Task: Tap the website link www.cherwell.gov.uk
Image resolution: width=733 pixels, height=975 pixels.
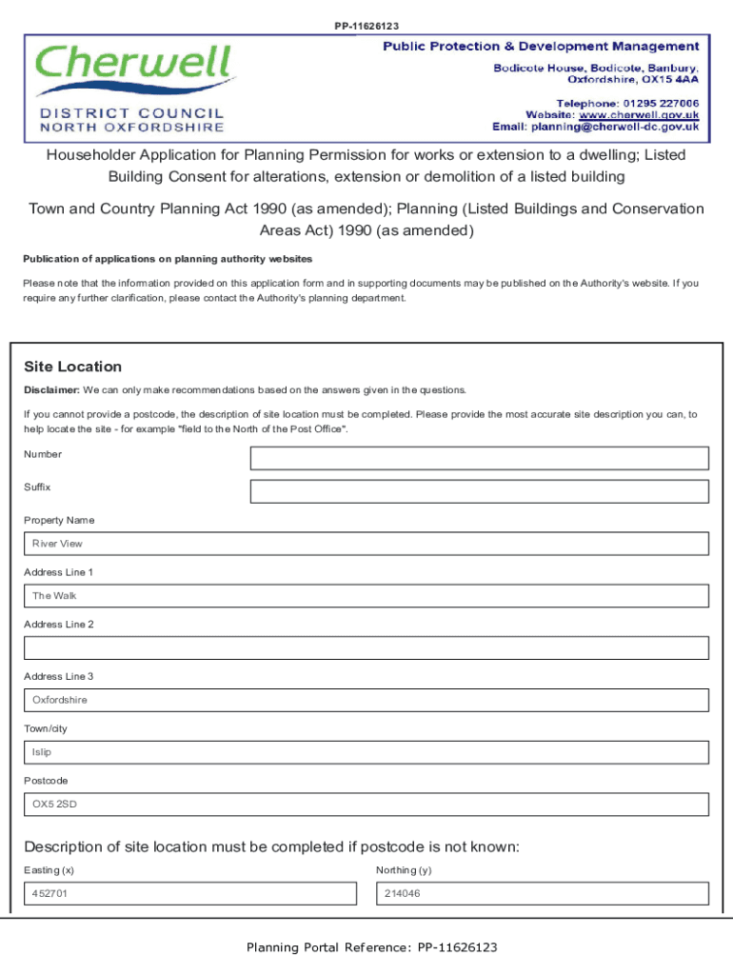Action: pyautogui.click(x=639, y=114)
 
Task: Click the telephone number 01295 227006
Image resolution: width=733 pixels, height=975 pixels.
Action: pyautogui.click(x=661, y=103)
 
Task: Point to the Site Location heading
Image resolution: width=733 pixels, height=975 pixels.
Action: pyautogui.click(x=72, y=367)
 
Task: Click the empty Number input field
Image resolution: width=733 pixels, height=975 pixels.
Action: pyautogui.click(x=479, y=458)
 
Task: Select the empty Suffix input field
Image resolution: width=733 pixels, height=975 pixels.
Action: pyautogui.click(x=479, y=491)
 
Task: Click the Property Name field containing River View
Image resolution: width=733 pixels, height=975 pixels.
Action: pyautogui.click(x=366, y=544)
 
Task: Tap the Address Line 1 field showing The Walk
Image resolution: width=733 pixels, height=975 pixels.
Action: pyautogui.click(x=366, y=596)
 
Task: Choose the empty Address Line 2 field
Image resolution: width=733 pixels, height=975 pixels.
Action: pyautogui.click(x=366, y=648)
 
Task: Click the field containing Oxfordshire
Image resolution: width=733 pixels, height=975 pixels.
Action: pyautogui.click(x=366, y=700)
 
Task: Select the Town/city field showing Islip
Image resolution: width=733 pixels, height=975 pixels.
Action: pyautogui.click(x=366, y=752)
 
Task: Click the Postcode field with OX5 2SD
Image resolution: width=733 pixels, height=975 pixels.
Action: pyautogui.click(x=366, y=805)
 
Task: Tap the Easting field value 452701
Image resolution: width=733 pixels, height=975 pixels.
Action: pyautogui.click(x=190, y=894)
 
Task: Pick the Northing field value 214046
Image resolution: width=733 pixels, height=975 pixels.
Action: pyautogui.click(x=543, y=894)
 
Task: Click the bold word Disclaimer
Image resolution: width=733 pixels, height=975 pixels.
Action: pyautogui.click(x=51, y=389)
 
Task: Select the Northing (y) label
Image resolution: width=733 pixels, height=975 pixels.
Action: pyautogui.click(x=404, y=870)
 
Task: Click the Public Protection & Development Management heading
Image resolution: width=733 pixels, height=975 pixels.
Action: pyautogui.click(x=541, y=47)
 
